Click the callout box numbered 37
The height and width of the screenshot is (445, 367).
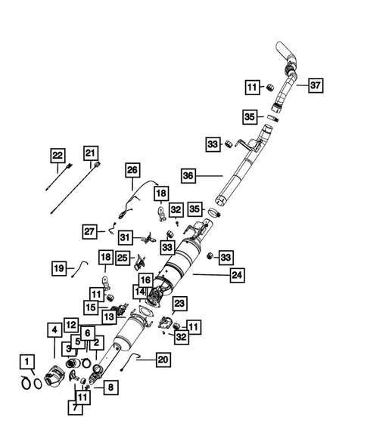click(316, 85)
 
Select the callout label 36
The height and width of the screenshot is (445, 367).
click(188, 175)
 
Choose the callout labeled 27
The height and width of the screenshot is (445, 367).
click(89, 230)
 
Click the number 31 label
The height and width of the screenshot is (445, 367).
click(126, 236)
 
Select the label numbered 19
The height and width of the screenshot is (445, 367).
click(58, 267)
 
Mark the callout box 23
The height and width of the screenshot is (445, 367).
click(179, 304)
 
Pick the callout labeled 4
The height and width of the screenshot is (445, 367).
click(54, 329)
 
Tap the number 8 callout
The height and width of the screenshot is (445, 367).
click(110, 388)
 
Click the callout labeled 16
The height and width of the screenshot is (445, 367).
click(145, 280)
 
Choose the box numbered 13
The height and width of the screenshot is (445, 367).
click(110, 317)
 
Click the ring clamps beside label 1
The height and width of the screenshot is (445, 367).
click(29, 382)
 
